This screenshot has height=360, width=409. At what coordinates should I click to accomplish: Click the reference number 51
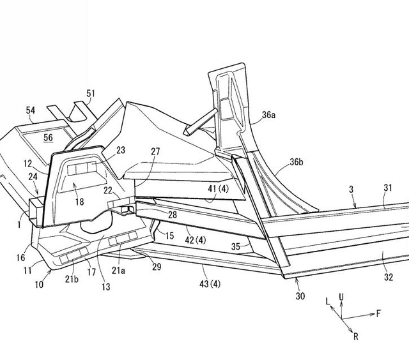(91, 93)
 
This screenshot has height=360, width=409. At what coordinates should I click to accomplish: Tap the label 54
(31, 110)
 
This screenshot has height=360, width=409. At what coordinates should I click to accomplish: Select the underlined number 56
(48, 137)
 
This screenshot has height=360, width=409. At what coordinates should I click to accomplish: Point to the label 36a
(268, 115)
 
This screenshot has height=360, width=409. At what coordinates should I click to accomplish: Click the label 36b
(297, 162)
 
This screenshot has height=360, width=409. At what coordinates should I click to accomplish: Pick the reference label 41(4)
(218, 188)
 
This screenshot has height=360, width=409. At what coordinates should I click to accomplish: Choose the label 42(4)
(196, 240)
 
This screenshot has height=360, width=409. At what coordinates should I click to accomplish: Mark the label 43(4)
(210, 283)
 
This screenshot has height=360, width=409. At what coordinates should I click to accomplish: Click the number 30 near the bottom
(300, 296)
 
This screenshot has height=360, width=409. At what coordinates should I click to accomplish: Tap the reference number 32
(389, 277)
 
